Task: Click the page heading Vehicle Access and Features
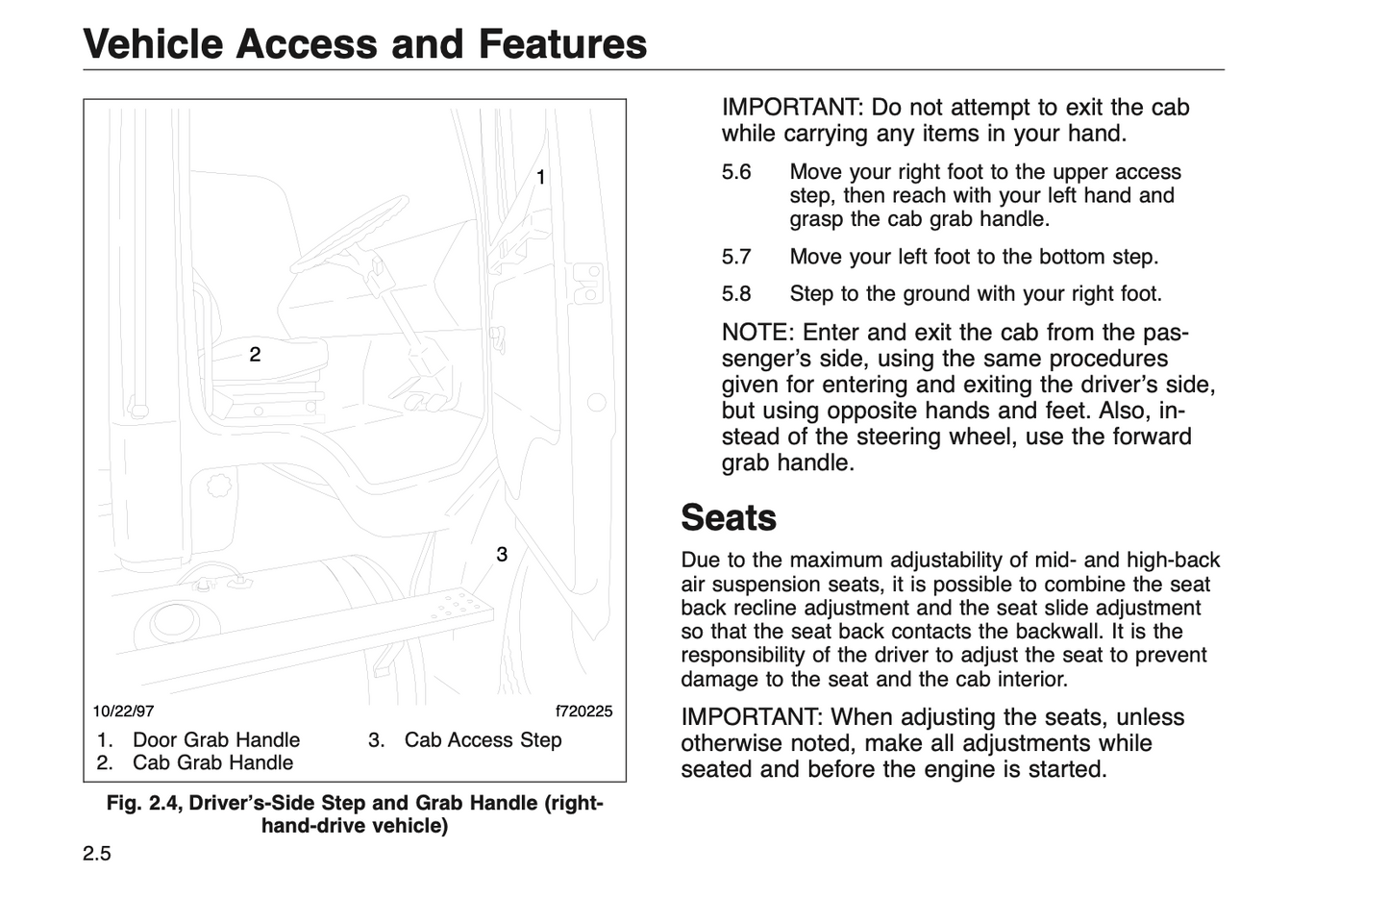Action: [x=364, y=44]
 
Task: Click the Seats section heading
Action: [x=728, y=518]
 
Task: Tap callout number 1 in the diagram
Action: [x=541, y=178]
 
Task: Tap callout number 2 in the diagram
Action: [x=255, y=355]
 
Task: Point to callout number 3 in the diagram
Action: [x=502, y=555]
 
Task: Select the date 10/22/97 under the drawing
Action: [x=123, y=712]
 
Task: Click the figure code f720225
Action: [x=583, y=712]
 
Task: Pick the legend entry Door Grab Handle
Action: [x=215, y=740]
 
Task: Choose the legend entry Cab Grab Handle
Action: [x=212, y=763]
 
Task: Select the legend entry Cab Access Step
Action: [x=483, y=740]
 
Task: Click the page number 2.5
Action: [x=96, y=854]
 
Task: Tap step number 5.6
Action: [x=736, y=173]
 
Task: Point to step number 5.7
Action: [x=736, y=258]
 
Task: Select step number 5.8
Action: [x=736, y=294]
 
